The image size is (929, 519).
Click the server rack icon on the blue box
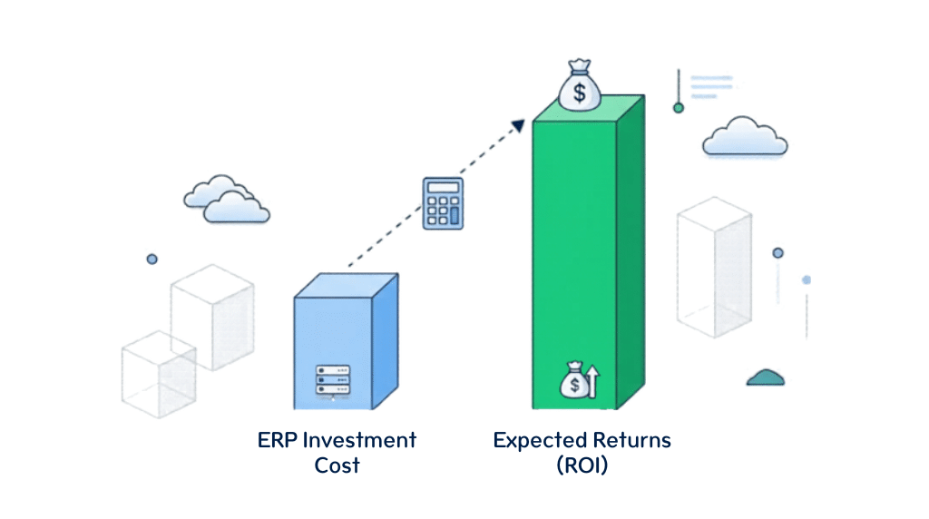pos(332,380)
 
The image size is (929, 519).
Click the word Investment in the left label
pos(359,441)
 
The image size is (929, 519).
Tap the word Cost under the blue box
pos(337,466)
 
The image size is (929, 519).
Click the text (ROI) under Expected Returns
pos(582,466)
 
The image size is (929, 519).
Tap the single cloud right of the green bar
pos(745,137)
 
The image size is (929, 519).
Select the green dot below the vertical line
pos(678,108)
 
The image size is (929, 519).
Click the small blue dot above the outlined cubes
pos(152,259)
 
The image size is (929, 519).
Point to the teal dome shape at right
pos(766,377)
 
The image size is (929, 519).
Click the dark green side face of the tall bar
pos(630,254)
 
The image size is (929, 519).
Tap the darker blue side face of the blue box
pos(386,345)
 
